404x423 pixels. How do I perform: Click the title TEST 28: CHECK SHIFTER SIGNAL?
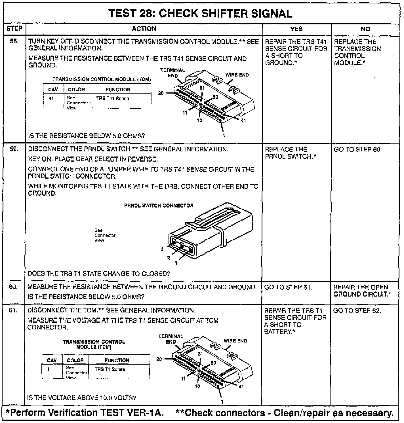200,14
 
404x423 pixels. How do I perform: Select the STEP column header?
14,29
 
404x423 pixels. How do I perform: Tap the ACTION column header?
144,29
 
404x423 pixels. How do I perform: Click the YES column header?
296,29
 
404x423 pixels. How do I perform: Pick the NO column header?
365,29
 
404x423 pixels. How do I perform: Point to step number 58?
14,41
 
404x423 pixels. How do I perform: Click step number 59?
14,149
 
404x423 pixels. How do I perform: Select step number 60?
13,287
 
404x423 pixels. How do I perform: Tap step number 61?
13,310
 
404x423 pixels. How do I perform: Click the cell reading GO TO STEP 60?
357,149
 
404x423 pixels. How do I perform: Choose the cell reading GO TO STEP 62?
357,310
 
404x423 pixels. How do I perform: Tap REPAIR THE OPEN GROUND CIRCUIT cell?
362,291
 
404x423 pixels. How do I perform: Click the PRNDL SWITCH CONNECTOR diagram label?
159,206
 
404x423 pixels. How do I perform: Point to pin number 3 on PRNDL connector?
162,249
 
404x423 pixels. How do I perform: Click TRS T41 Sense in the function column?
113,99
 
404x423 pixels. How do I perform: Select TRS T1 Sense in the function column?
110,369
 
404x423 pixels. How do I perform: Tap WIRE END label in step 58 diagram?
237,75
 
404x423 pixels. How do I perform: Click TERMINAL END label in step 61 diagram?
171,339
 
